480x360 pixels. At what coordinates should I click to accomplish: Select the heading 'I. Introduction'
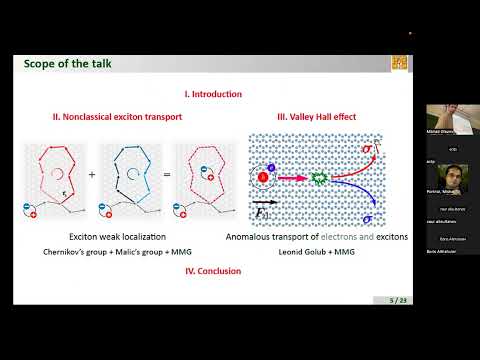[213, 94]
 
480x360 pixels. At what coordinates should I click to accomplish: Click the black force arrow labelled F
[267, 203]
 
